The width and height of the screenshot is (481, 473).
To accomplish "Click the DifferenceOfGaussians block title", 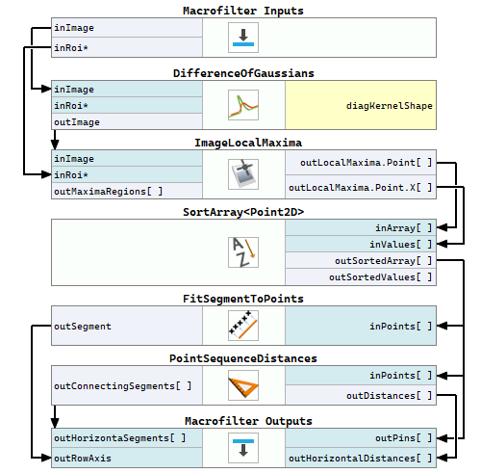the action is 243,73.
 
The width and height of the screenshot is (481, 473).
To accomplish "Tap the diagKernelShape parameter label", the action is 390,106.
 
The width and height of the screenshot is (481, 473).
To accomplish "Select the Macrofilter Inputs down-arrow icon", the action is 243,38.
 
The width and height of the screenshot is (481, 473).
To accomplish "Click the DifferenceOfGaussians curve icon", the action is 243,105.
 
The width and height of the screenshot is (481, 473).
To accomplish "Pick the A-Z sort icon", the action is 243,252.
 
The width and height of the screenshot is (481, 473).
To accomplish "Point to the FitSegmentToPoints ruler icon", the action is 243,326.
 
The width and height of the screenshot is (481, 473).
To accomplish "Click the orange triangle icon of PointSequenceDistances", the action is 243,385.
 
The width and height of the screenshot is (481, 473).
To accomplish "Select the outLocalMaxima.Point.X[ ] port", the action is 361,187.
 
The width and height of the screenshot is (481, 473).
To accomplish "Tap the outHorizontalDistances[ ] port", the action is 361,458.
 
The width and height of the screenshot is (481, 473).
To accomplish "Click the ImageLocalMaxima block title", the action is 248,143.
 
